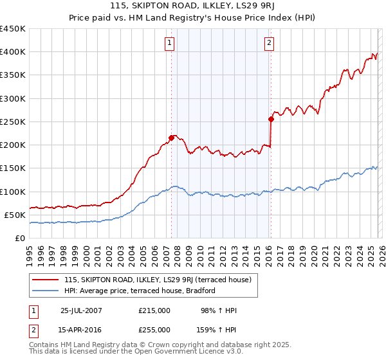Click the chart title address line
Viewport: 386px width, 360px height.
[x=193, y=6]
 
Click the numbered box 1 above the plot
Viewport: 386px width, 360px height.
[x=169, y=43]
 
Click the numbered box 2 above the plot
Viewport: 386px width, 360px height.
[x=269, y=43]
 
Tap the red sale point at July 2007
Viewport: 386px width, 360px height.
[x=172, y=138]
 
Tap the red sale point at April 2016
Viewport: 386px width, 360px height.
[x=271, y=119]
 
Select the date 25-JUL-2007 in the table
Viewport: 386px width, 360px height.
[x=81, y=310]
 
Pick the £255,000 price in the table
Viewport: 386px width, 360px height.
[x=154, y=330]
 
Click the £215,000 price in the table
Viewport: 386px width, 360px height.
[x=154, y=310]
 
